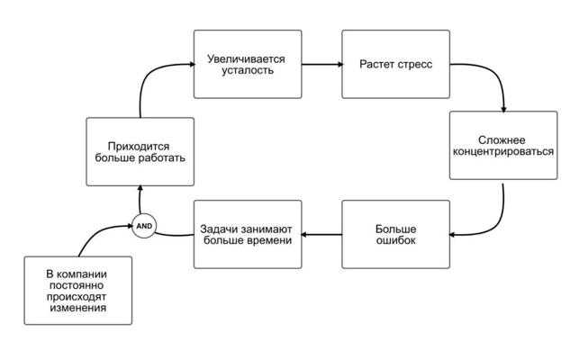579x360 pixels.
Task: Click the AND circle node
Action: (144, 225)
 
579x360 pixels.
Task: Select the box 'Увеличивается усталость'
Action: (247, 65)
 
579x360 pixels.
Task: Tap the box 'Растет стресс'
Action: (395, 65)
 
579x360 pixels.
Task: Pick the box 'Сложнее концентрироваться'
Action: (502, 146)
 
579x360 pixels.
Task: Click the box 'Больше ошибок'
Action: (395, 234)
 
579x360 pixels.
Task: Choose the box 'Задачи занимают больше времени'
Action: (247, 234)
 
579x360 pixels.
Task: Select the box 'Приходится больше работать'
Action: (140, 151)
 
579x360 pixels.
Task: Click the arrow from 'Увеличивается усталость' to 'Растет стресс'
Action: (321, 64)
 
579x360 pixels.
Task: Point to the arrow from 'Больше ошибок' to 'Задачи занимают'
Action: (321, 235)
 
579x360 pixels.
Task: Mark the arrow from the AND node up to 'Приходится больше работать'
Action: (140, 200)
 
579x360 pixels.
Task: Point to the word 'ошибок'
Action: (395, 240)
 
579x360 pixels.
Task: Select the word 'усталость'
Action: (247, 71)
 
